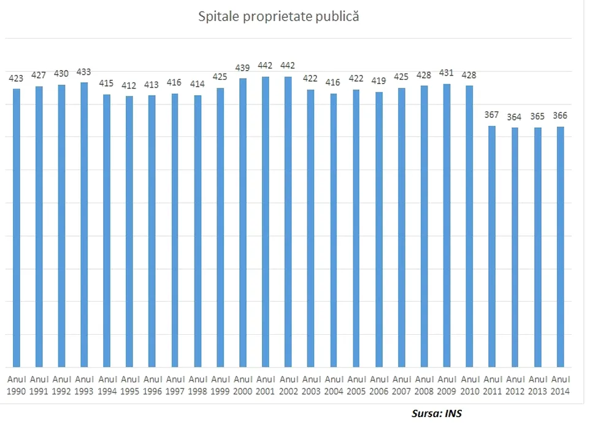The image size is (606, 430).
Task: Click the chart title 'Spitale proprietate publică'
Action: (x=278, y=17)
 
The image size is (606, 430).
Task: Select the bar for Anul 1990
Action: (x=17, y=227)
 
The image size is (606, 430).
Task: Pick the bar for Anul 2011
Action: (x=492, y=246)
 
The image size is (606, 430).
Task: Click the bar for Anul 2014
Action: (x=560, y=246)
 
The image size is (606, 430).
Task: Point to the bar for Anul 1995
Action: (x=129, y=231)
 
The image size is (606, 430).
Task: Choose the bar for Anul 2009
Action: (x=447, y=225)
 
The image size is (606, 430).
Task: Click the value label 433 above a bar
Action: (x=84, y=72)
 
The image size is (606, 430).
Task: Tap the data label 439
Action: (x=243, y=68)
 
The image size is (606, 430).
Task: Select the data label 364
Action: (x=515, y=117)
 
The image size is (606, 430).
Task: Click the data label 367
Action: (x=492, y=115)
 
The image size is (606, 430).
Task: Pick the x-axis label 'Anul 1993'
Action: (x=84, y=385)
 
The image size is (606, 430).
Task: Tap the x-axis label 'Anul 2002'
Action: (x=288, y=385)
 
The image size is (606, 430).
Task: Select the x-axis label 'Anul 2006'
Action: (x=378, y=385)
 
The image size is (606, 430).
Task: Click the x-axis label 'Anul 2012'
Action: (x=515, y=385)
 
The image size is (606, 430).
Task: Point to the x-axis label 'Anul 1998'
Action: (x=198, y=385)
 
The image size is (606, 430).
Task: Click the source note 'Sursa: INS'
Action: (x=436, y=413)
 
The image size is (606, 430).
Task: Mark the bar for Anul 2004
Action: (x=334, y=230)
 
